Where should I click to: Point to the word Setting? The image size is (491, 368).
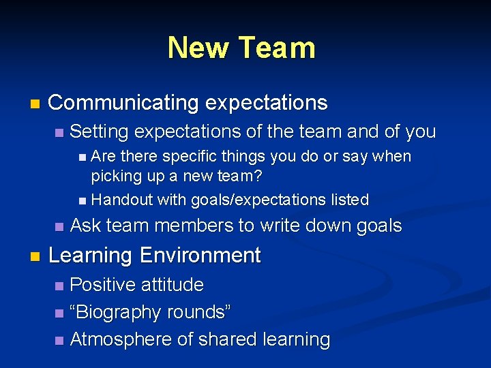tap(100, 131)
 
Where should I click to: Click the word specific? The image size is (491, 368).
tap(181, 157)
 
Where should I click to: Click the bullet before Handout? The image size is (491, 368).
tap(83, 200)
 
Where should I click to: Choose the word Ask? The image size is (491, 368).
tap(86, 226)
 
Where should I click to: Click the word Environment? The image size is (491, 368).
tap(201, 256)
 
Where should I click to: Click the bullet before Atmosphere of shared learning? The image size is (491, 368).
tap(60, 340)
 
